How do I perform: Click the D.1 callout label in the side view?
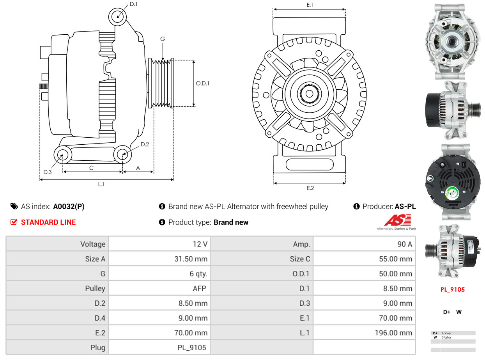(x=133, y=4)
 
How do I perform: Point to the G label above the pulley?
(x=163, y=39)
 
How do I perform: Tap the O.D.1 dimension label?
(x=203, y=83)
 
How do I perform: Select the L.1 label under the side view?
(x=101, y=184)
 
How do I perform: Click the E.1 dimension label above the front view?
(x=310, y=5)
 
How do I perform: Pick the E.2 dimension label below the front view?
(x=310, y=188)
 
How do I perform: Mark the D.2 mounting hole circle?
(x=122, y=154)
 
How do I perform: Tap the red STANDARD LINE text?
(x=48, y=222)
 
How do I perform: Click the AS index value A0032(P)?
(x=69, y=207)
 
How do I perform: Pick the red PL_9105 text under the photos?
(x=452, y=289)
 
